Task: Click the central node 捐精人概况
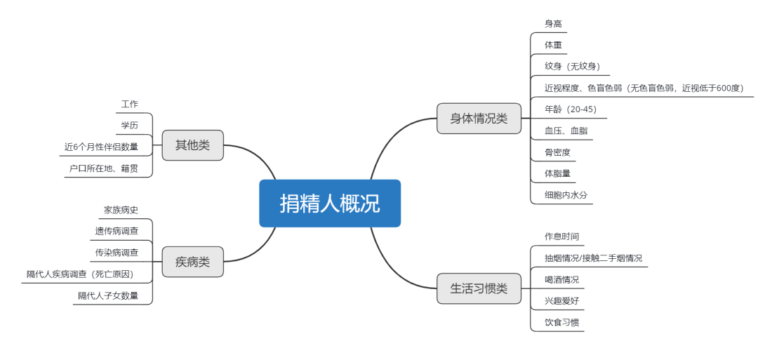pos(330,204)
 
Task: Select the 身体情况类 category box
pos(479,119)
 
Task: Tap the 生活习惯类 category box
pos(479,288)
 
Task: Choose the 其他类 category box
pos(193,145)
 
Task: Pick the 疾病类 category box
pos(193,262)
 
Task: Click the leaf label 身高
pos(553,24)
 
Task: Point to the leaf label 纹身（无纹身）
pos(573,66)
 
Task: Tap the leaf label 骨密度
pos(557,152)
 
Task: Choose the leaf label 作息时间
pos(561,236)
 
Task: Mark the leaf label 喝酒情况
pos(561,279)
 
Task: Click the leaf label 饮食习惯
pos(561,322)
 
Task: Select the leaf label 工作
pos(130,104)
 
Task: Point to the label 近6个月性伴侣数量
pos(102,147)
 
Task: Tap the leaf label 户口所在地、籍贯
pos(103,168)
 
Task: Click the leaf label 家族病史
pos(121,210)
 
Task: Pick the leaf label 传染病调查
pos(117,252)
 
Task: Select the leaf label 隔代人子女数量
pos(108,295)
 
